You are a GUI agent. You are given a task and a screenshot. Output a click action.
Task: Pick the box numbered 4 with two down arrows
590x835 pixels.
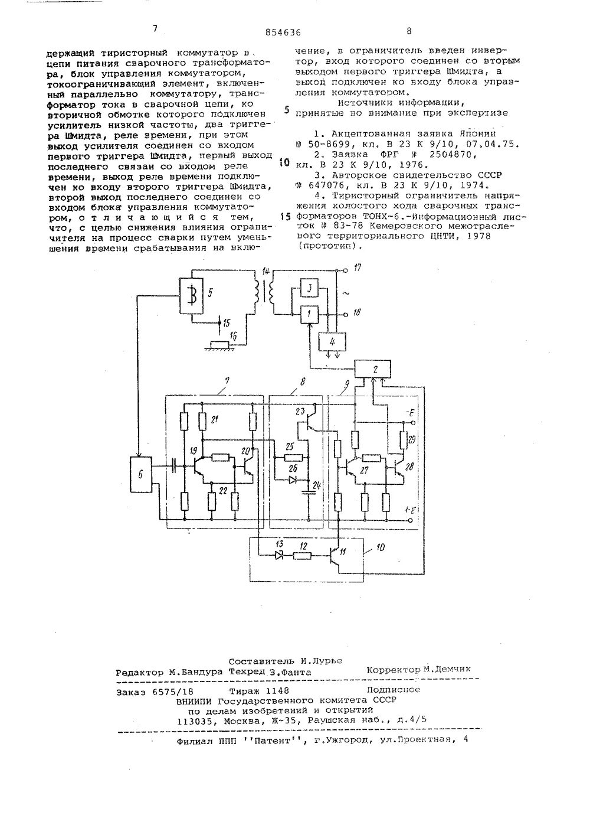(332, 341)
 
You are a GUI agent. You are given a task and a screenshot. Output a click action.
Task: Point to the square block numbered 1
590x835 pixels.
(309, 313)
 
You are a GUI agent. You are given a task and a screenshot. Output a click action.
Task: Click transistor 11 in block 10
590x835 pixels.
(336, 555)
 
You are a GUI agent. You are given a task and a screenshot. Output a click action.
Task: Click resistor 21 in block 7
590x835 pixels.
(202, 420)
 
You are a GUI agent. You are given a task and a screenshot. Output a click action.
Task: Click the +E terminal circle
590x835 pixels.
(411, 520)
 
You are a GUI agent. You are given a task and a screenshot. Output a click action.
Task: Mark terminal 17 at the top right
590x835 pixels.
(345, 270)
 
